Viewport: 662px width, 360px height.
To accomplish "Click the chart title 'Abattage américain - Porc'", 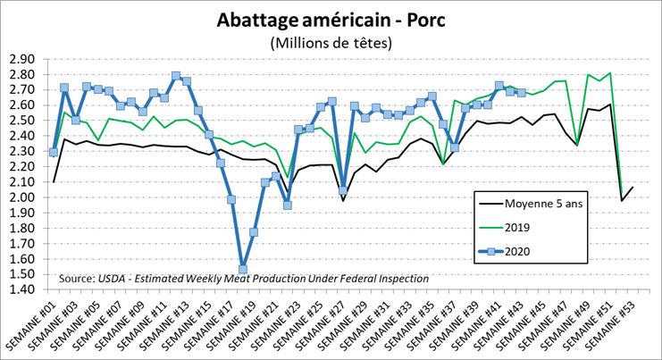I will pos(330,20).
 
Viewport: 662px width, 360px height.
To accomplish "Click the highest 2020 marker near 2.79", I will pos(176,76).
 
